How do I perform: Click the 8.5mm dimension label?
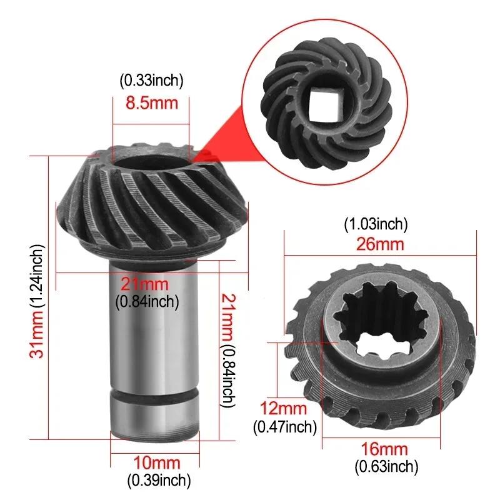click(151, 103)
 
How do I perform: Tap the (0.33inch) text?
click(151, 81)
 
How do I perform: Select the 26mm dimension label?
click(380, 244)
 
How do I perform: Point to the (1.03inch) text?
click(376, 224)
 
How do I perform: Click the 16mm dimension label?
click(384, 449)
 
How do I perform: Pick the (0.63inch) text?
click(386, 467)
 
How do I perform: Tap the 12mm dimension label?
click(284, 408)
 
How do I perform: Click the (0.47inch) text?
click(285, 427)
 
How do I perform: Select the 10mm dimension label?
click(157, 462)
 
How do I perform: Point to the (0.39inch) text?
click(159, 481)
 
